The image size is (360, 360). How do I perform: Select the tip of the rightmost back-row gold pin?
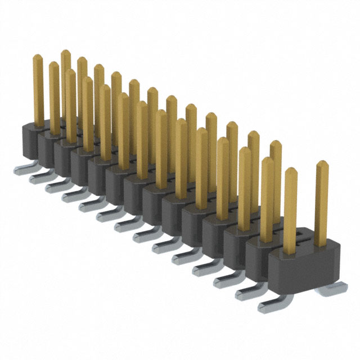click(x=322, y=164)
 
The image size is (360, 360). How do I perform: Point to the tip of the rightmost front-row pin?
click(x=291, y=171)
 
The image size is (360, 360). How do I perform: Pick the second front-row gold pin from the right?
click(x=268, y=197)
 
